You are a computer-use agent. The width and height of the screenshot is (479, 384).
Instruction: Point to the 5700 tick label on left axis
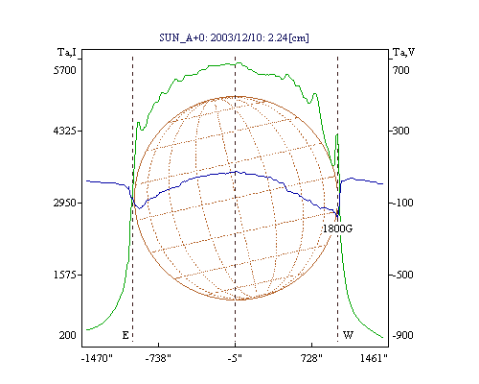click(65, 70)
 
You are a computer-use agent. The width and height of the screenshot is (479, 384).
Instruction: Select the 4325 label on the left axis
click(65, 131)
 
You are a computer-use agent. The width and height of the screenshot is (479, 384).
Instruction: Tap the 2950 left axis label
click(65, 203)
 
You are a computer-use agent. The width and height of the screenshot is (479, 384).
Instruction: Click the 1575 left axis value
click(65, 275)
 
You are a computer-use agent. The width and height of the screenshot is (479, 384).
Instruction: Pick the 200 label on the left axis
click(67, 335)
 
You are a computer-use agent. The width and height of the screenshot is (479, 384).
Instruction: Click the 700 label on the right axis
click(401, 70)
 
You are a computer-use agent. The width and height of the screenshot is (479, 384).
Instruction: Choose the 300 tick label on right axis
click(401, 131)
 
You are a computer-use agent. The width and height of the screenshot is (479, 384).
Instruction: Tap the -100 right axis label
click(402, 203)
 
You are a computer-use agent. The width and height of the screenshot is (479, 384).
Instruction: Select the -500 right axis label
click(402, 275)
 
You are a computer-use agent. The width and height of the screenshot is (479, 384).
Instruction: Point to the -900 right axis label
click(402, 335)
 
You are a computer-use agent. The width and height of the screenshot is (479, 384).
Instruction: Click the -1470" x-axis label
click(97, 358)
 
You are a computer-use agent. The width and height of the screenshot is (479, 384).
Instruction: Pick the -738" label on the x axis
click(158, 358)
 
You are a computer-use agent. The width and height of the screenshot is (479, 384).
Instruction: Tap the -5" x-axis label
click(235, 358)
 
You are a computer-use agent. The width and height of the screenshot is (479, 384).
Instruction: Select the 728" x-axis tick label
click(311, 358)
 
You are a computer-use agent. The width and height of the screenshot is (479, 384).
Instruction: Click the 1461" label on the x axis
click(374, 358)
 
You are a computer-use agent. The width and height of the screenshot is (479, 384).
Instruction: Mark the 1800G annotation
click(337, 228)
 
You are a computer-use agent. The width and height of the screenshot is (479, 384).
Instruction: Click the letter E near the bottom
click(125, 335)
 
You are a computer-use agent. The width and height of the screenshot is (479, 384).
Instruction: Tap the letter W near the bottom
click(348, 335)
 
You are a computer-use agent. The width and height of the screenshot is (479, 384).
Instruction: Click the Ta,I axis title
click(67, 52)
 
